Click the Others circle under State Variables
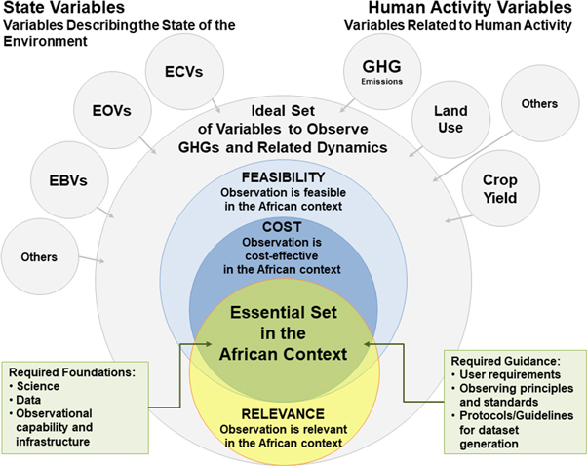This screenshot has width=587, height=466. coord(38,257)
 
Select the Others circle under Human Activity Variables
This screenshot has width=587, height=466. coord(538,104)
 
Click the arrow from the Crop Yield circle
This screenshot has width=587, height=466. coord(452,218)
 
